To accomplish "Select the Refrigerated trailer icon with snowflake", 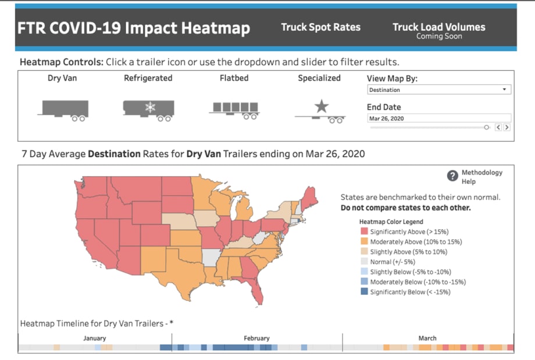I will (x=148, y=110).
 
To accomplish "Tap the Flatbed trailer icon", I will (x=234, y=111).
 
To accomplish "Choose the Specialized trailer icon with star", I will (x=320, y=111).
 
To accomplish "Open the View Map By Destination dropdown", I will (x=439, y=90).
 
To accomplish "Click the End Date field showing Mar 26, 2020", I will (x=439, y=118).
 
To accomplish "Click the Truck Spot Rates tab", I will (x=320, y=27).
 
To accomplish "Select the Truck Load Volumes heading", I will (x=438, y=27).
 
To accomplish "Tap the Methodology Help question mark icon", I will (x=452, y=176).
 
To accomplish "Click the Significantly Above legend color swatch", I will (x=364, y=231).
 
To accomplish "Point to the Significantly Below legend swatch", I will (x=364, y=292).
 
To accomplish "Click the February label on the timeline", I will (x=256, y=338).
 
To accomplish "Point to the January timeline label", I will (x=94, y=338).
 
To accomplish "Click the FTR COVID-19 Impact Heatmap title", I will (x=134, y=28).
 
